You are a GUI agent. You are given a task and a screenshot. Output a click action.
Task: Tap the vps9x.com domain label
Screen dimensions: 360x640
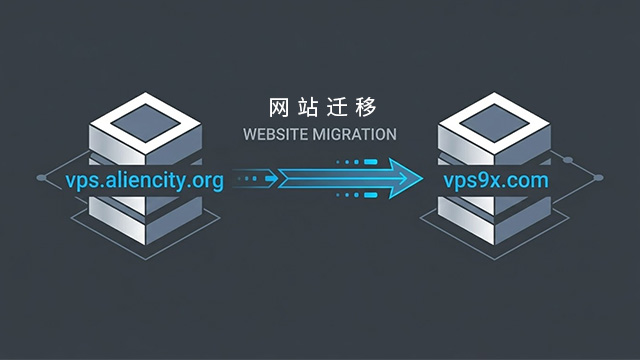[x=498, y=181]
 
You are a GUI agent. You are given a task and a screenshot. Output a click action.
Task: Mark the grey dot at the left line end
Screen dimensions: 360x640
[x=41, y=179]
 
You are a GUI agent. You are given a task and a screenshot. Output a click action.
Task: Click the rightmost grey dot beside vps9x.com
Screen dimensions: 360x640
[x=598, y=179]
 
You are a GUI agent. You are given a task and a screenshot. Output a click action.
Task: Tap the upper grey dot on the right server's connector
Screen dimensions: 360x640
[x=568, y=158]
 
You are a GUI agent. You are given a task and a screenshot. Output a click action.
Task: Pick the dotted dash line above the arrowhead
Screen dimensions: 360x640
[x=357, y=161]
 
